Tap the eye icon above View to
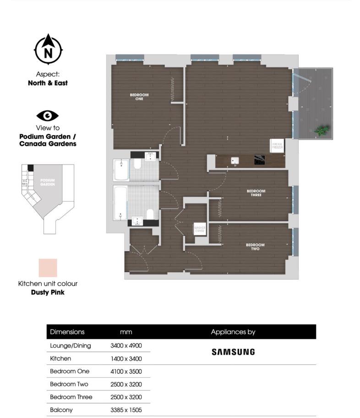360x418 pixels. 48,115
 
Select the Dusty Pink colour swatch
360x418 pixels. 48,268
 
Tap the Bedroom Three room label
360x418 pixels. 256,193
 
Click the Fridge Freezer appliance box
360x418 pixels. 278,146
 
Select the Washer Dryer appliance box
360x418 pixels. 199,228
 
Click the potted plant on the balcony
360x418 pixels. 322,130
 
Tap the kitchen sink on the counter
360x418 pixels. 235,161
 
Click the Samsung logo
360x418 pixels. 233,352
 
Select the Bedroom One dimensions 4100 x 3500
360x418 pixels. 126,371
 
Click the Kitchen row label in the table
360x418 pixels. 60,358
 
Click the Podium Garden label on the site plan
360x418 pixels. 47,182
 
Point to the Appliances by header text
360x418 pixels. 233,332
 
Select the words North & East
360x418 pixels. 48,83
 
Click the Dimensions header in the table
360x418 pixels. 67,332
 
